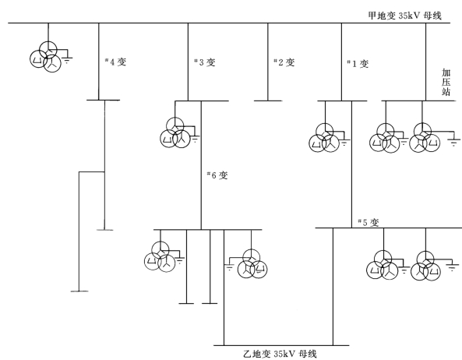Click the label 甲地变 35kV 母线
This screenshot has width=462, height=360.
tap(405, 16)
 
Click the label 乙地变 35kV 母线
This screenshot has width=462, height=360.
tap(280, 353)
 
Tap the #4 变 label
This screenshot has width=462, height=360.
tap(116, 62)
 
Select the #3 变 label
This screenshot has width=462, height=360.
tap(205, 62)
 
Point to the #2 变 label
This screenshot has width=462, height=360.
tap(284, 62)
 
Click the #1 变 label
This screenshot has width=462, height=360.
tap(358, 64)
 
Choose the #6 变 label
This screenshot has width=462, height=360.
tap(217, 175)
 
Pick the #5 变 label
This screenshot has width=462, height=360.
tap(369, 222)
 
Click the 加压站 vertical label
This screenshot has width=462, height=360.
tap(446, 82)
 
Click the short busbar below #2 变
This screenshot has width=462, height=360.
tap(268, 101)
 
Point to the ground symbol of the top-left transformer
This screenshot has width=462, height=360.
tap(68, 61)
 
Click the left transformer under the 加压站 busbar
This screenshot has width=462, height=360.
tap(385, 139)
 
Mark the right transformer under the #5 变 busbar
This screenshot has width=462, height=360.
tap(425, 266)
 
